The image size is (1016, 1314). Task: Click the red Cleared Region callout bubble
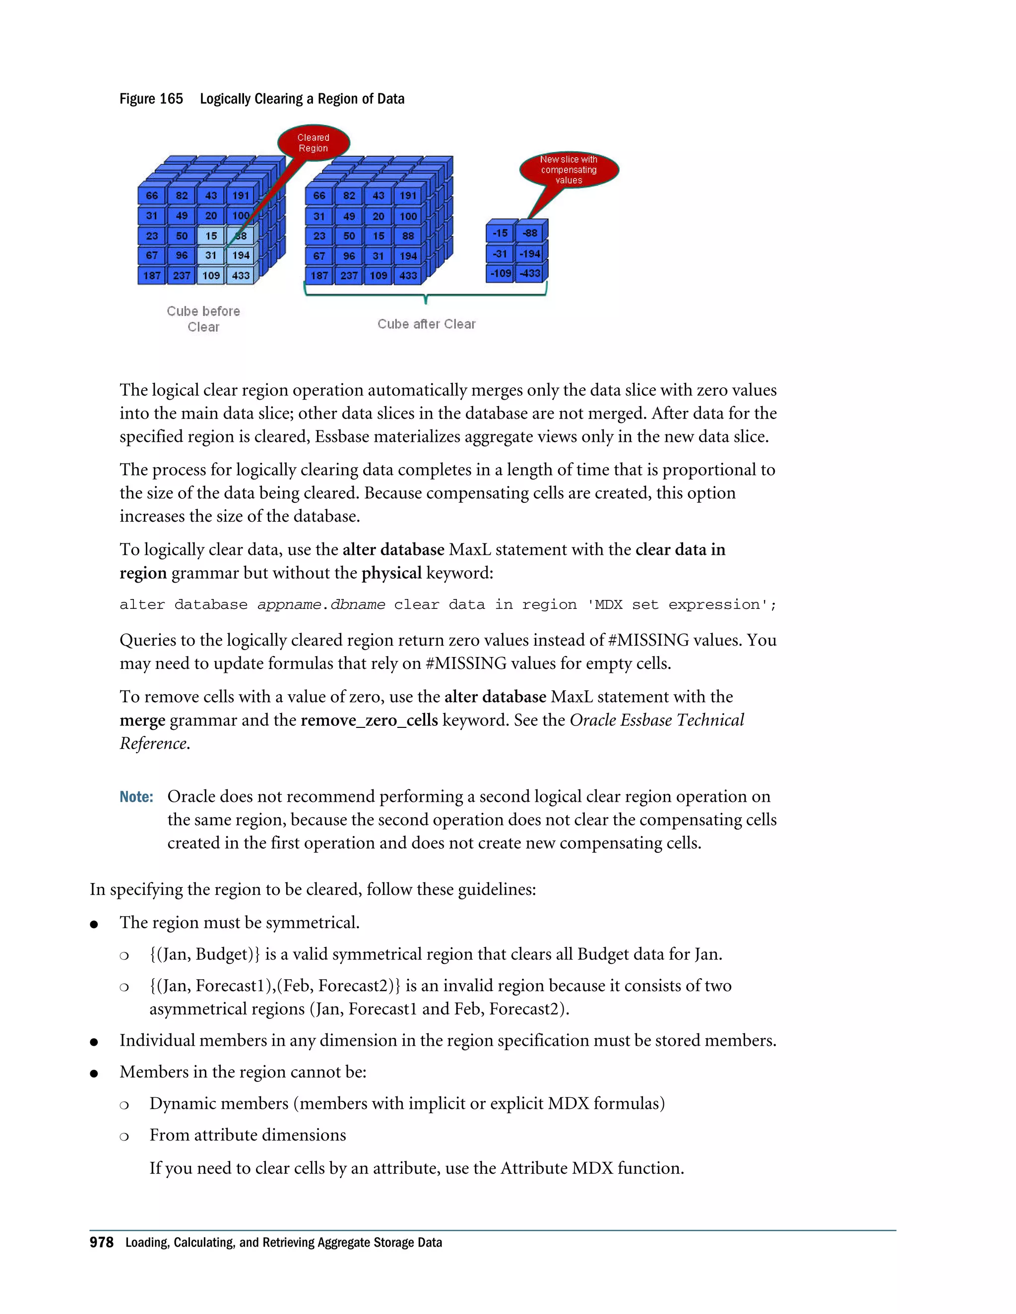(x=313, y=143)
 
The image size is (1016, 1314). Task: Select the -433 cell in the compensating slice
(x=530, y=273)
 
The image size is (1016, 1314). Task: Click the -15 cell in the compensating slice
(x=500, y=234)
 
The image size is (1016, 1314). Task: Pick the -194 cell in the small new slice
(x=530, y=254)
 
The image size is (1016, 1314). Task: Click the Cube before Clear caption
(x=203, y=319)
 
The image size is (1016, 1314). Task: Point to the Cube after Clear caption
(x=426, y=324)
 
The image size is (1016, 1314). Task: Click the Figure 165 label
(x=151, y=99)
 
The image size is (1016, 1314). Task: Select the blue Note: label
(x=136, y=797)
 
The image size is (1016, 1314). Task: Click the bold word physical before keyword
(x=391, y=573)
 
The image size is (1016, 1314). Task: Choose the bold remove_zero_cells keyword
(x=369, y=720)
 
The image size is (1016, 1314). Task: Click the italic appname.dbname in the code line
(x=321, y=604)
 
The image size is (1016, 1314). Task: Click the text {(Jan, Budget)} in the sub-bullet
(x=205, y=954)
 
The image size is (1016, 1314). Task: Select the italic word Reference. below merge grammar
(x=155, y=744)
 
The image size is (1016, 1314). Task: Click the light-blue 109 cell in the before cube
(x=211, y=276)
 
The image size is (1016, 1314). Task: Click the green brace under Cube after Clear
(x=426, y=295)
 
